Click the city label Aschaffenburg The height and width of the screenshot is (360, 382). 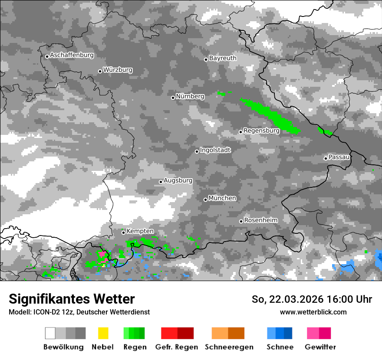72,55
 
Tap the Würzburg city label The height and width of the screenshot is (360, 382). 118,70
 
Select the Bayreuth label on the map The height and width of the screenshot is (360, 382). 223,58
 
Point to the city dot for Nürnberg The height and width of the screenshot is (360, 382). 173,98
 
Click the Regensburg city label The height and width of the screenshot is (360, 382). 261,131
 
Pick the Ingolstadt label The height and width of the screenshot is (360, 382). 215,150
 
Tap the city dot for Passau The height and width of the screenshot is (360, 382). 326,158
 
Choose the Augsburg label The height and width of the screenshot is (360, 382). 178,180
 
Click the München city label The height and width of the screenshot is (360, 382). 222,198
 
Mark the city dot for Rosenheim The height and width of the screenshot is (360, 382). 241,221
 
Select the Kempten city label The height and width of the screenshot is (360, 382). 140,231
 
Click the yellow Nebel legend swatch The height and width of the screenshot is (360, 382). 103,333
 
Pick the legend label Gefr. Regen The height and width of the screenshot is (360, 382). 177,347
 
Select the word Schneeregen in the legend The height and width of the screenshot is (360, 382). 229,347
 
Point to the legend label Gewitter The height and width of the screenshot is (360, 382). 320,347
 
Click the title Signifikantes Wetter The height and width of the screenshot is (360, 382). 72,299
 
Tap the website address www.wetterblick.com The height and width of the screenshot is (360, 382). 313,312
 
